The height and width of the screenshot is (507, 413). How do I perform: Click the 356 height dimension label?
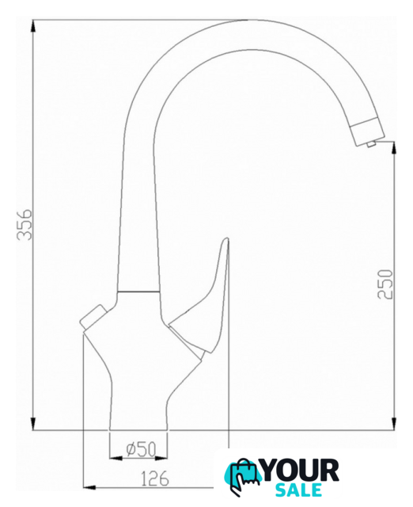tap(25, 224)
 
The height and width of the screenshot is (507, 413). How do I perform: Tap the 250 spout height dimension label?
tap(385, 284)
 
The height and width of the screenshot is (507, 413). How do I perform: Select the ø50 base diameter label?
tap(141, 449)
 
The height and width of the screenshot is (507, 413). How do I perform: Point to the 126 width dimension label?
tap(155, 478)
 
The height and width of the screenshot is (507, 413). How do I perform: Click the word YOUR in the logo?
tap(300, 471)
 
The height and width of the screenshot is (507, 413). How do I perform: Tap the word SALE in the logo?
tap(299, 490)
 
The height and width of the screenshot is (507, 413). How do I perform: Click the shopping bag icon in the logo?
tap(243, 475)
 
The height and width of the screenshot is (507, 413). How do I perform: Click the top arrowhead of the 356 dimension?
tap(33, 26)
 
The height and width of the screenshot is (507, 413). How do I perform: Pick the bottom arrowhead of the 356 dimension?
tap(33, 424)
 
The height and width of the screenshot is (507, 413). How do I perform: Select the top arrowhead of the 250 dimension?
tap(394, 148)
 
